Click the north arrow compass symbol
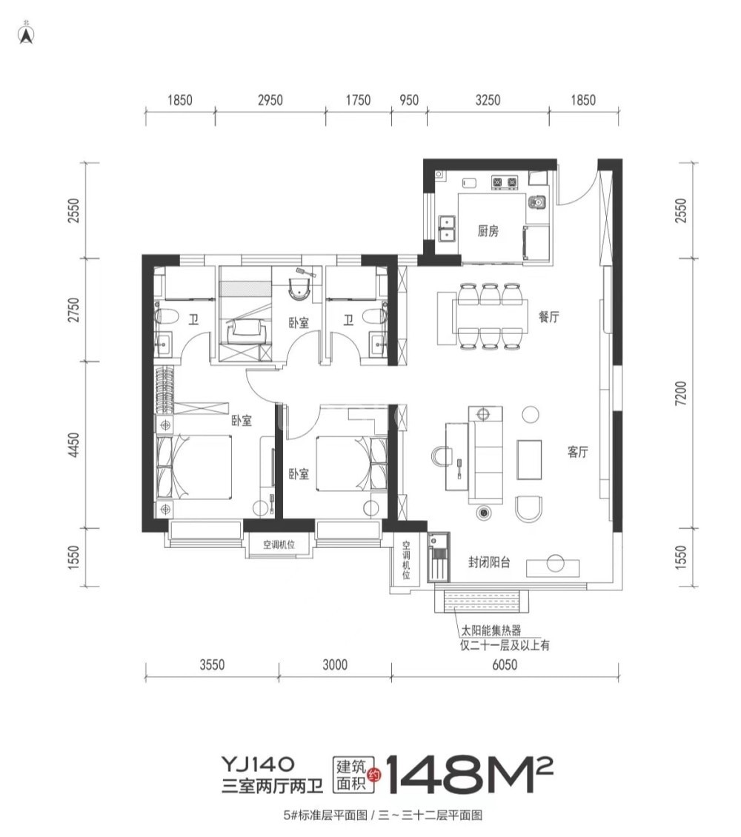pyautogui.click(x=26, y=33)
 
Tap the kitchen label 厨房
pyautogui.click(x=488, y=230)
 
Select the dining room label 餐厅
pyautogui.click(x=549, y=316)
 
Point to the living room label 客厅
pyautogui.click(x=577, y=452)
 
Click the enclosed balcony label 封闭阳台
pyautogui.click(x=489, y=562)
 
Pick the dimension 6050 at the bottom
pyautogui.click(x=505, y=664)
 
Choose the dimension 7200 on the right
pyautogui.click(x=681, y=393)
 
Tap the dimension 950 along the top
pyautogui.click(x=409, y=100)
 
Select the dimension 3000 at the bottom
pyautogui.click(x=335, y=664)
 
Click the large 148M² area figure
pyautogui.click(x=469, y=774)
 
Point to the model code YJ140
pyautogui.click(x=258, y=764)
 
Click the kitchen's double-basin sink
pyautogui.click(x=446, y=228)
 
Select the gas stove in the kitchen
pyautogui.click(x=505, y=182)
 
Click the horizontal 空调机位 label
pyautogui.click(x=279, y=545)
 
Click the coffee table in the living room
pyautogui.click(x=529, y=459)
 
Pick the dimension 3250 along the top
pyautogui.click(x=488, y=100)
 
